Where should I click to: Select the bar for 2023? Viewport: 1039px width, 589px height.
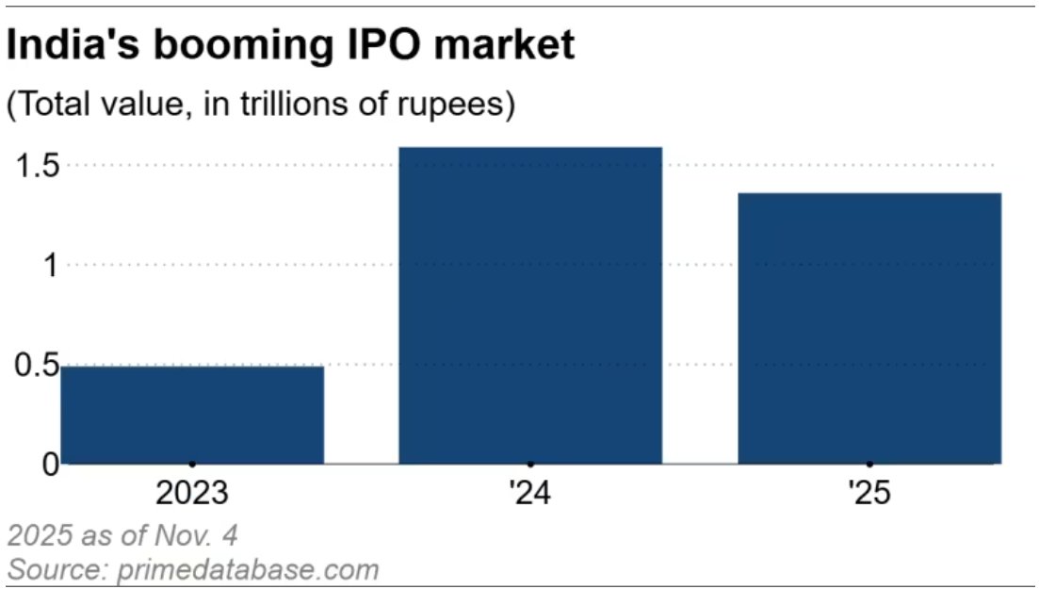click(x=192, y=415)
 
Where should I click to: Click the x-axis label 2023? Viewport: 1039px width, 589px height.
click(x=192, y=493)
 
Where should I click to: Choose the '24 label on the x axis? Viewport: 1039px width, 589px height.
click(x=530, y=493)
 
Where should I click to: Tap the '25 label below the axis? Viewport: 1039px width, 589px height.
click(x=869, y=493)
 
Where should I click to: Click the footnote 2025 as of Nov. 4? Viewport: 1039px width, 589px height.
click(x=122, y=536)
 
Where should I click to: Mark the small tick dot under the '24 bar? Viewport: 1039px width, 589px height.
click(x=530, y=464)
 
